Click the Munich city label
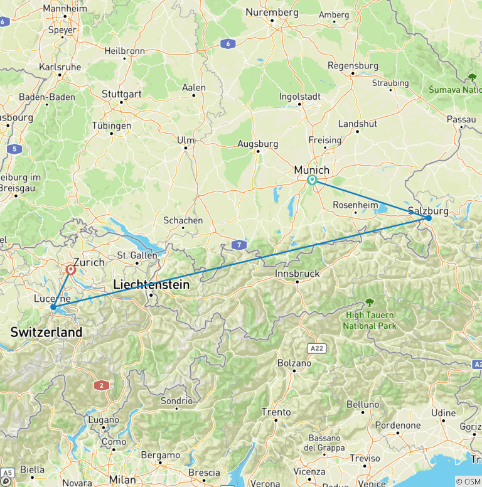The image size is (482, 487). point(312,170)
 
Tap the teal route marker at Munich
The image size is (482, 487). point(313,181)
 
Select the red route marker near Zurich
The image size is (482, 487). point(70,270)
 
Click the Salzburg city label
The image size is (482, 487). point(428,211)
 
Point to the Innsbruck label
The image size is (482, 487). point(297,274)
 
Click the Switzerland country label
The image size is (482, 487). point(46,332)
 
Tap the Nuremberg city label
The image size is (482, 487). point(272,12)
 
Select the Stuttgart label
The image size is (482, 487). point(122,94)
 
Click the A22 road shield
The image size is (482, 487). point(317,346)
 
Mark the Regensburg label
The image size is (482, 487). point(353,65)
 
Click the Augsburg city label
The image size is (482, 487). point(257,144)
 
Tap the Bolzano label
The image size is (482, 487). point(294,363)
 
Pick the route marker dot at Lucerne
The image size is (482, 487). point(53,308)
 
